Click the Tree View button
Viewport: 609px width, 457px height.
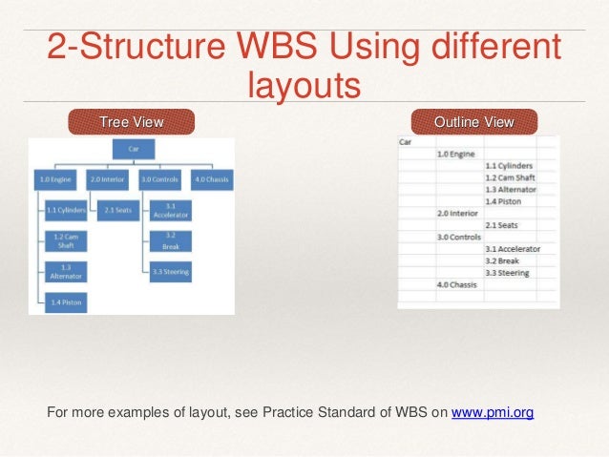[x=131, y=122]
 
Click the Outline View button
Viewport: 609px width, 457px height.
[x=473, y=122]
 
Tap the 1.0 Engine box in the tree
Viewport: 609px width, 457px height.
[x=55, y=178]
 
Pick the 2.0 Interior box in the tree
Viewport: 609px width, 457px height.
[x=107, y=178]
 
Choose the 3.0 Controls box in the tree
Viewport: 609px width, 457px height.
[x=159, y=178]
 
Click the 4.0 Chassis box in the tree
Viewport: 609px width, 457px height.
[x=210, y=178]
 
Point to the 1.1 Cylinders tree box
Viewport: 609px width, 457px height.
[x=66, y=210]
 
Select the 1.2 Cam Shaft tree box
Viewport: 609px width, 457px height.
[x=66, y=240]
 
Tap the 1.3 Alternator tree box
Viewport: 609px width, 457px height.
[x=66, y=272]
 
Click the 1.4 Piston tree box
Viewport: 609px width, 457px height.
[x=66, y=302]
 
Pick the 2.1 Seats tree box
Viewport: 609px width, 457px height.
[x=116, y=210]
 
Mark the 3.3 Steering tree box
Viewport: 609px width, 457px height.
[x=169, y=272]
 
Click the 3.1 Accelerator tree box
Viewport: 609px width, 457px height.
[x=169, y=210]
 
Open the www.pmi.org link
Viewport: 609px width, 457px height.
[x=493, y=412]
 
